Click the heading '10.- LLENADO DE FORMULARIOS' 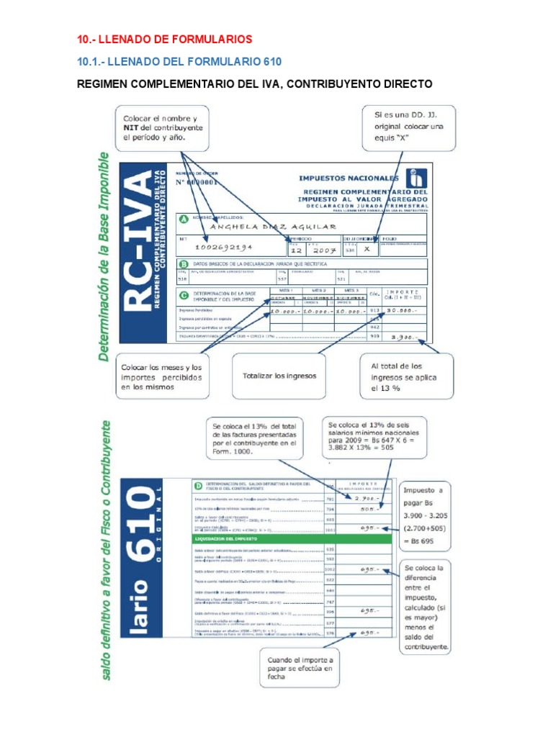click(x=165, y=38)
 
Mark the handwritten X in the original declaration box click(x=367, y=248)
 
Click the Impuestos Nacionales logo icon click(x=415, y=178)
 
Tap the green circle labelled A click(x=183, y=219)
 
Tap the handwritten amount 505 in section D click(x=369, y=508)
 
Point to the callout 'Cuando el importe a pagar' click(x=300, y=668)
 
